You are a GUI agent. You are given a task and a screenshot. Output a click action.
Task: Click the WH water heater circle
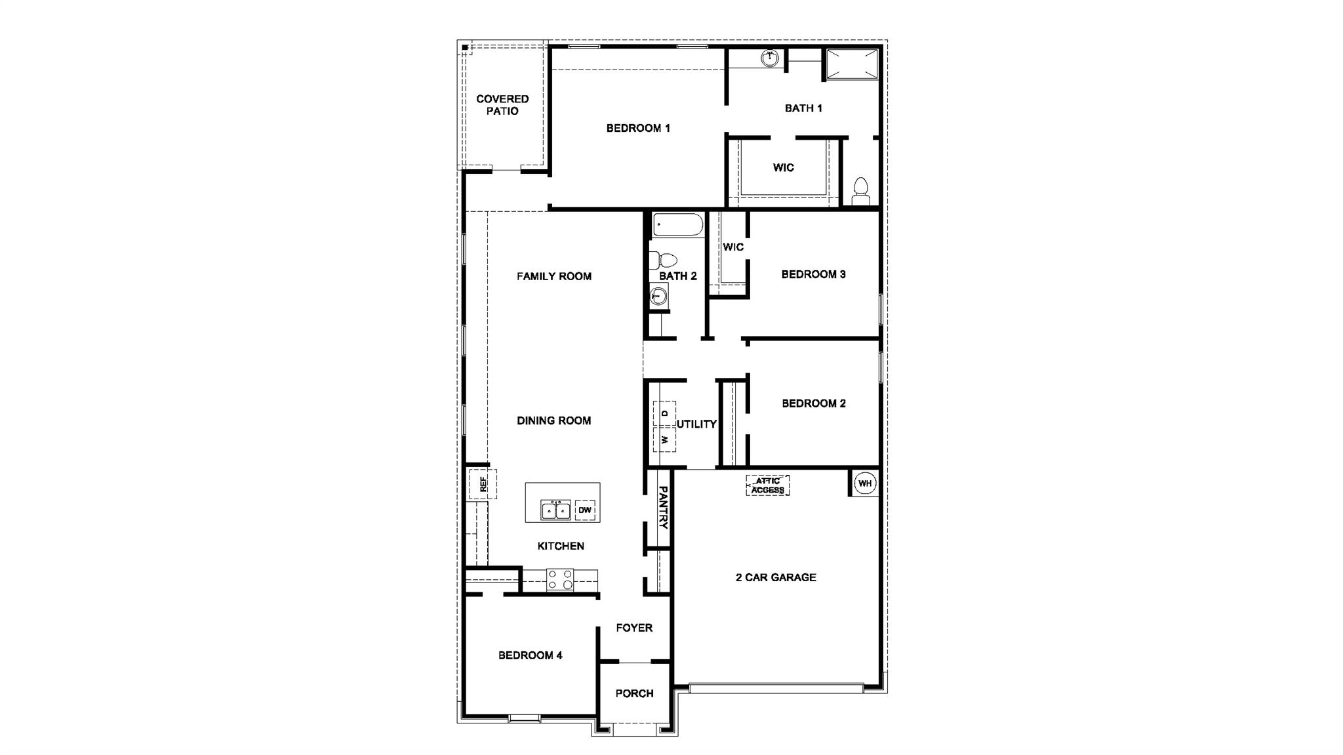pos(865,484)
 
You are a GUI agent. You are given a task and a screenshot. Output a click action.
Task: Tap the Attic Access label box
pos(768,485)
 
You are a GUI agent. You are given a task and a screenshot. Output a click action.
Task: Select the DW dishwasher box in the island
pos(585,510)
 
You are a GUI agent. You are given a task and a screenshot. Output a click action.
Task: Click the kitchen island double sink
pos(555,510)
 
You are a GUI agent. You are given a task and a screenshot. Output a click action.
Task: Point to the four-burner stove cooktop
pos(560,579)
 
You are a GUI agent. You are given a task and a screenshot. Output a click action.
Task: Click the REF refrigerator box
pos(483,484)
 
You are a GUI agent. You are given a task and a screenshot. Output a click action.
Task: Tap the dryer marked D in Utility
pos(665,413)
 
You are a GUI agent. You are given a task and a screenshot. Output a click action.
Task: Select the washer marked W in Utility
pos(665,439)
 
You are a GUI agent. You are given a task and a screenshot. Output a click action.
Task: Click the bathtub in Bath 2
pos(677,224)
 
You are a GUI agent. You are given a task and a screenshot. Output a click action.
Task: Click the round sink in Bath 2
pos(658,296)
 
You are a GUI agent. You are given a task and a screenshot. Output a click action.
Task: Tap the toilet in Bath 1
pos(860,191)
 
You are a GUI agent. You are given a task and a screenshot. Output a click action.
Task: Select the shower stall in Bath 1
pos(851,64)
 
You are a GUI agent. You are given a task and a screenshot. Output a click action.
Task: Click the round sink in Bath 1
pos(770,58)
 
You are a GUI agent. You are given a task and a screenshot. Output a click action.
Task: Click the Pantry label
pos(663,507)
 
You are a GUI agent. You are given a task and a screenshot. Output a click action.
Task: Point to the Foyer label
pos(634,628)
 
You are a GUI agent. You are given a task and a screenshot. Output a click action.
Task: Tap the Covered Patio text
pos(502,105)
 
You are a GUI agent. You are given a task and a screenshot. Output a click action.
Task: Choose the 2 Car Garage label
pos(776,577)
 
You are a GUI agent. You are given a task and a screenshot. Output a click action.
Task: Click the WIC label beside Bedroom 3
pos(733,247)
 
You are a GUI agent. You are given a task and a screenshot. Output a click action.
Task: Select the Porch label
pos(634,693)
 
